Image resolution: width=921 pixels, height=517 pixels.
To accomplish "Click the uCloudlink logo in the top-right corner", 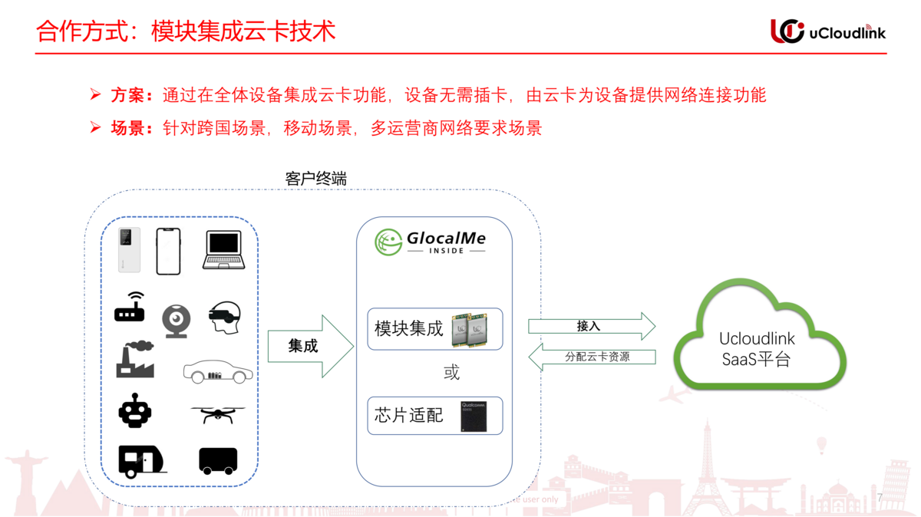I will [x=827, y=31].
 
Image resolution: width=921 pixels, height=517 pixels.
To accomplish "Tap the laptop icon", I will [x=223, y=250].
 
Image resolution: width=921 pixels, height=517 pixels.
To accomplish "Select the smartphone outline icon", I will [x=168, y=251].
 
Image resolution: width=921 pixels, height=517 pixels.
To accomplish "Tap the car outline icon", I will [x=218, y=372].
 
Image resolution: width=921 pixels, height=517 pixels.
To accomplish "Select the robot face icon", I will [x=135, y=410].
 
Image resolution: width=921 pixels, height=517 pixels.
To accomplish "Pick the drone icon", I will [x=218, y=415].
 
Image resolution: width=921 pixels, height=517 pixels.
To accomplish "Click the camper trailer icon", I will [x=140, y=460].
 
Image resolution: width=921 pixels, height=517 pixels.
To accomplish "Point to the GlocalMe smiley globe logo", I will [x=388, y=242].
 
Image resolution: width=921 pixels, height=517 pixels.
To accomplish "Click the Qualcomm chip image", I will [x=474, y=416].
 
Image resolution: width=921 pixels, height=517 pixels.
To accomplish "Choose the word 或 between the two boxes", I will [x=451, y=373].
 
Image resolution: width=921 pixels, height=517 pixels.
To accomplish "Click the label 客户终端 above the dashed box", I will [x=315, y=179].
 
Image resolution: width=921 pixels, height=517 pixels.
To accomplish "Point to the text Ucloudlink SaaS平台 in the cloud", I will [x=757, y=349].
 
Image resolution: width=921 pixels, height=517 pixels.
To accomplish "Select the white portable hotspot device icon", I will [x=129, y=249].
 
